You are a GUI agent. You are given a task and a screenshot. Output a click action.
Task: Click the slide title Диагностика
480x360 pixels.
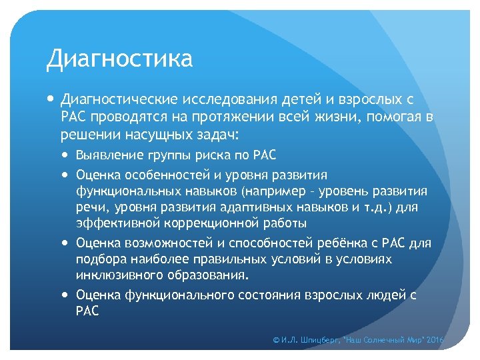coord(119,59)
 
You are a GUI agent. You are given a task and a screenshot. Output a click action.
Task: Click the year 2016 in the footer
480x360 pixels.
coord(435,340)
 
